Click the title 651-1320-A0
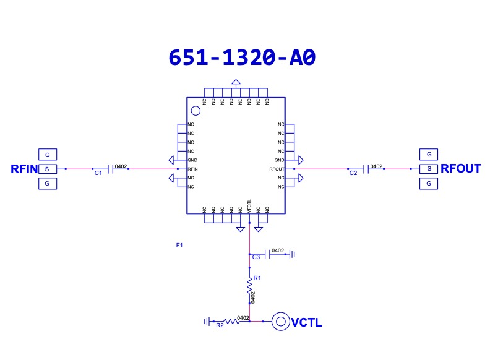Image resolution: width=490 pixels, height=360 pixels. tap(242, 57)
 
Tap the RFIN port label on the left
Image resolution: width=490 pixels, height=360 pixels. tap(24, 169)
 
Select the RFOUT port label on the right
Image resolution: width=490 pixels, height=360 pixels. tap(460, 168)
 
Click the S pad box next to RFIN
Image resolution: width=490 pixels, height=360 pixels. tap(47, 169)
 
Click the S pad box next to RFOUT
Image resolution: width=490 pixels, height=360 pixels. tap(428, 168)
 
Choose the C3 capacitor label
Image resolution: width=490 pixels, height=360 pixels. tap(256, 257)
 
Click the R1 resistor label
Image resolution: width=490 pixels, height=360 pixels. tap(257, 278)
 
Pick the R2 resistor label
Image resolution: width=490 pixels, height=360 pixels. tap(219, 325)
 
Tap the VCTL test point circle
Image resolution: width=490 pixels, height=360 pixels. tap(281, 322)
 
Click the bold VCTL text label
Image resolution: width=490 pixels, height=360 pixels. tap(307, 322)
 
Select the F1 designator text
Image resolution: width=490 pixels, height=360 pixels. tap(179, 246)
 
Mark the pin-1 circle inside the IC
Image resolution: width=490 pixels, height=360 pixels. tap(196, 111)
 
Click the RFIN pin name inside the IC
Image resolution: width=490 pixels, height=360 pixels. tap(193, 169)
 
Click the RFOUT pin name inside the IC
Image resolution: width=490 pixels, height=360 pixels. tap(277, 169)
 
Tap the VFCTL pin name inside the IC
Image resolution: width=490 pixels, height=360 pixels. tap(249, 206)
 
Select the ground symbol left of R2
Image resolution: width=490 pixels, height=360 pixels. tap(207, 322)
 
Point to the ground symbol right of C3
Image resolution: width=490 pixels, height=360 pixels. tap(292, 254)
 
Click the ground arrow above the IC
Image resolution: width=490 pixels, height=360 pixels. tap(236, 82)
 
